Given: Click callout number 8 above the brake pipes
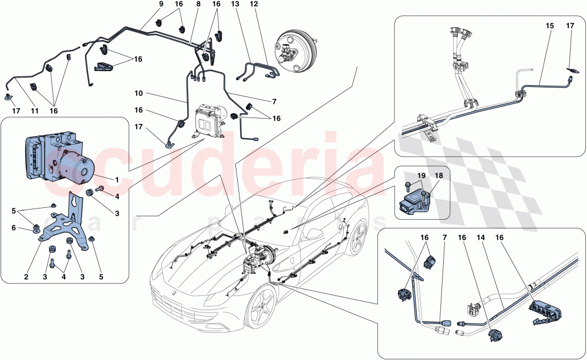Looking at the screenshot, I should pyautogui.click(x=198, y=4).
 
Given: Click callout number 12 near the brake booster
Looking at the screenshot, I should pyautogui.click(x=254, y=4).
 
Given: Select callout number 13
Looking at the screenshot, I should pyautogui.click(x=234, y=4).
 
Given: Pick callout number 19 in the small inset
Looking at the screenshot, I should pyautogui.click(x=421, y=175).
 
